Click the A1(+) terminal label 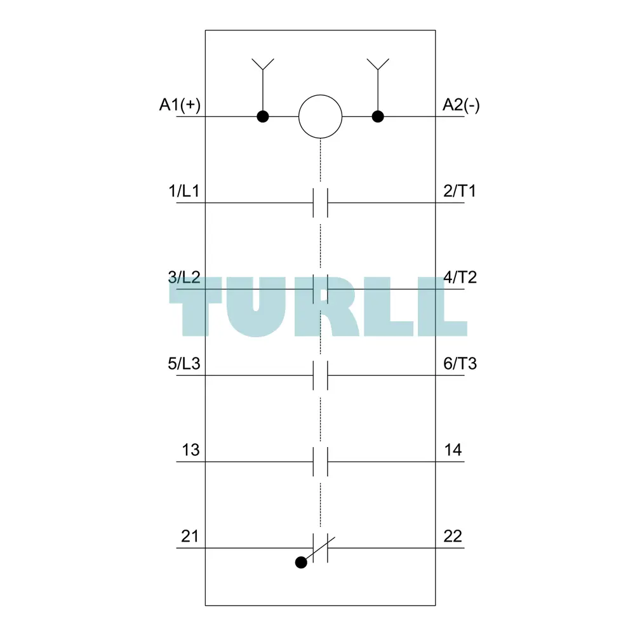180,105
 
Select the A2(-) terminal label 461,105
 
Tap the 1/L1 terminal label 184,190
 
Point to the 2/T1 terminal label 460,190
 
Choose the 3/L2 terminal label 184,277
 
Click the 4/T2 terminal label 460,277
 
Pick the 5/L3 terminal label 184,364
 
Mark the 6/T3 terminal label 460,364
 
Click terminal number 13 190,450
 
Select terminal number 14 453,450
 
